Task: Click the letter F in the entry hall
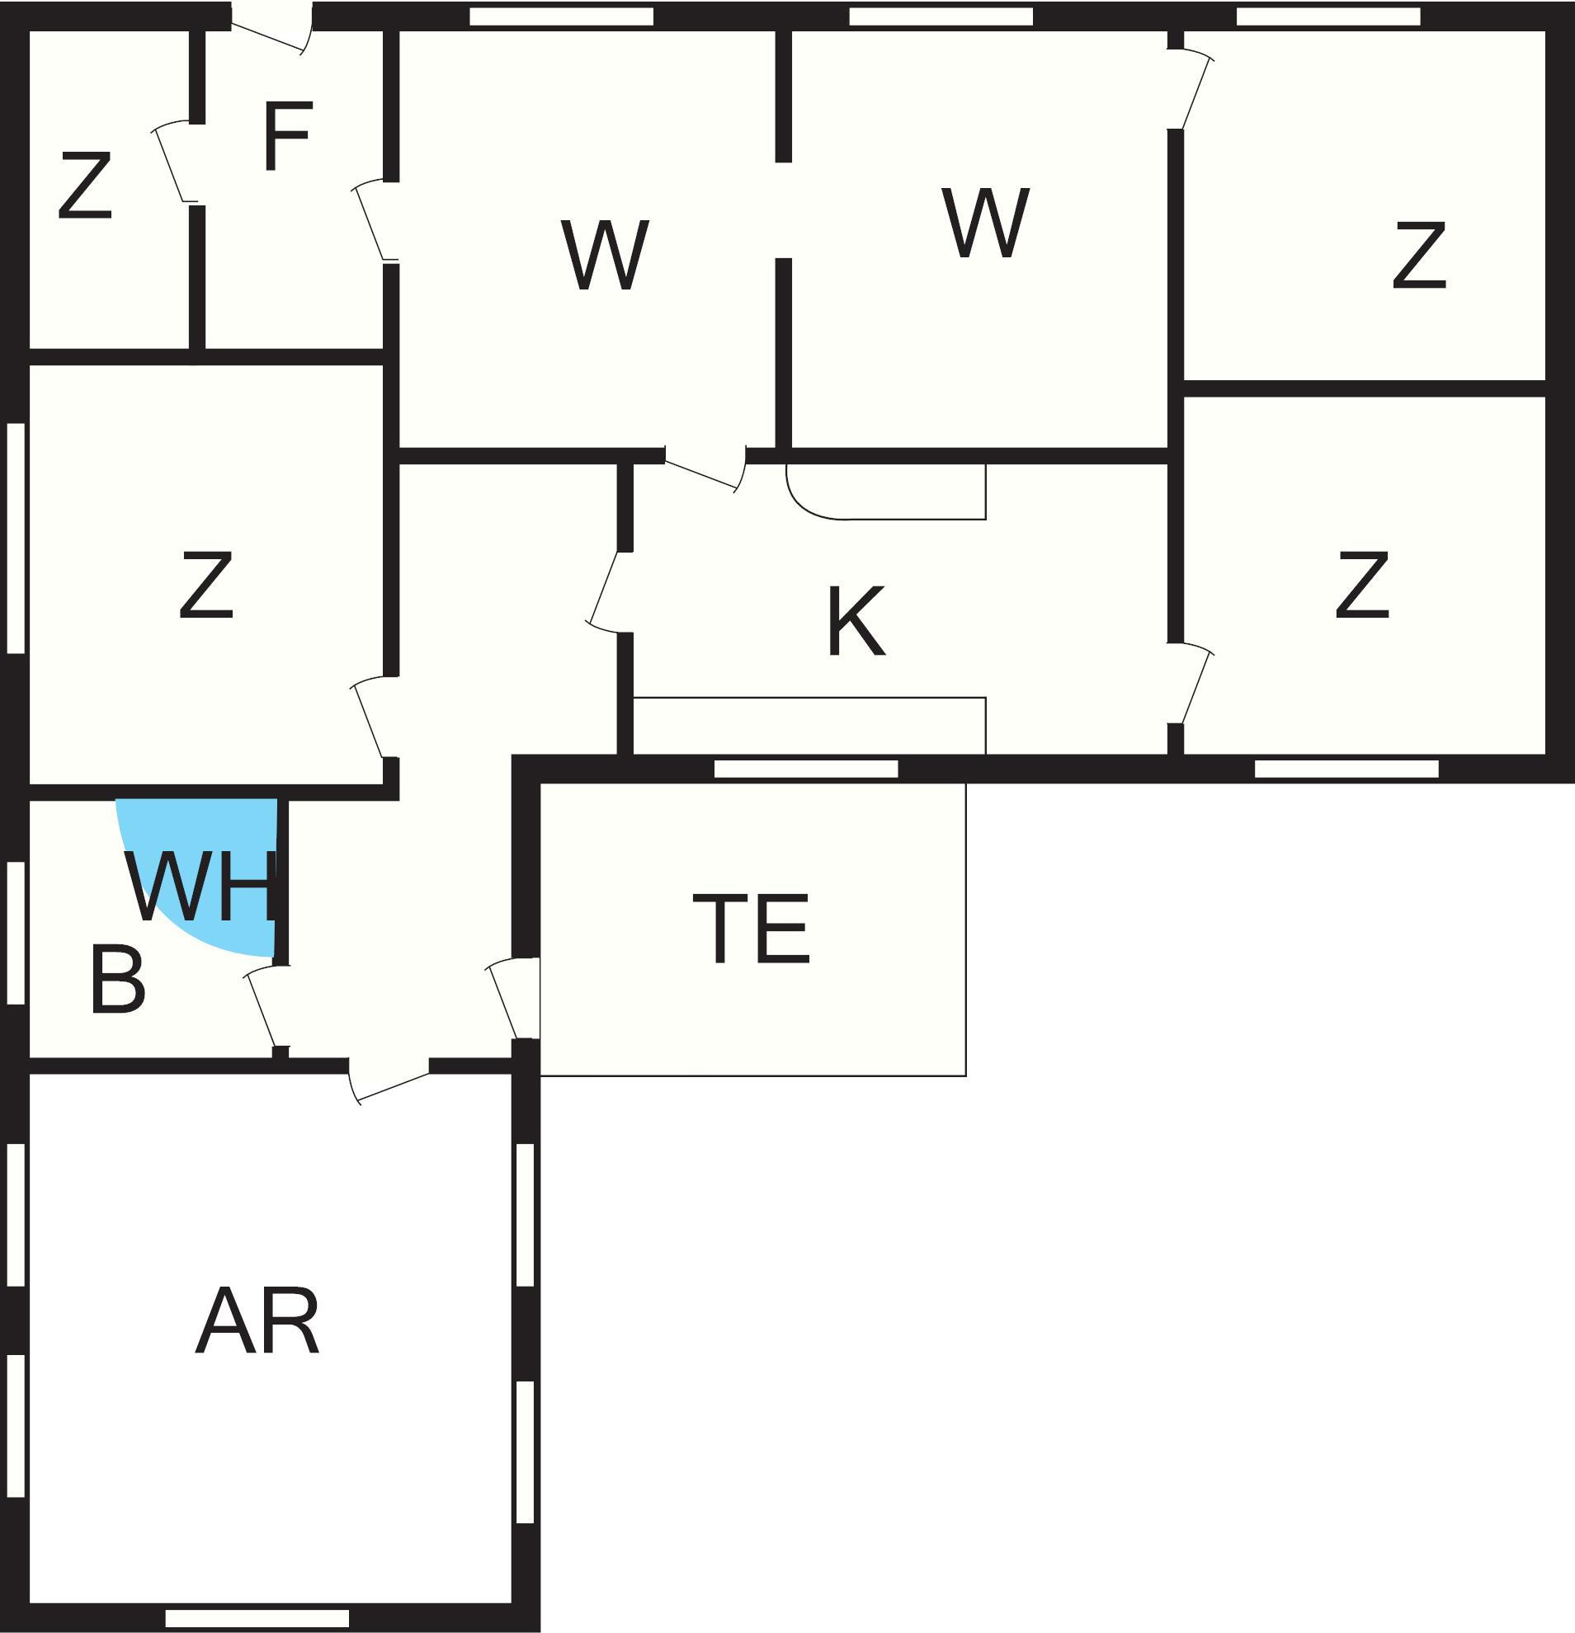click(x=287, y=136)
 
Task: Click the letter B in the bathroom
click(x=117, y=979)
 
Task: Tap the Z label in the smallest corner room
click(x=85, y=186)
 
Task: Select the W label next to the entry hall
click(x=605, y=255)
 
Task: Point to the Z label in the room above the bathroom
click(x=205, y=585)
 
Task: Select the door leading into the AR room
click(x=389, y=1080)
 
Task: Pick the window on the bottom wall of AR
click(x=257, y=1619)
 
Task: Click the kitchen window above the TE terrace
click(x=806, y=769)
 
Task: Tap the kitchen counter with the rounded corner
click(x=886, y=492)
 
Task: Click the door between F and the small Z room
click(x=177, y=162)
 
